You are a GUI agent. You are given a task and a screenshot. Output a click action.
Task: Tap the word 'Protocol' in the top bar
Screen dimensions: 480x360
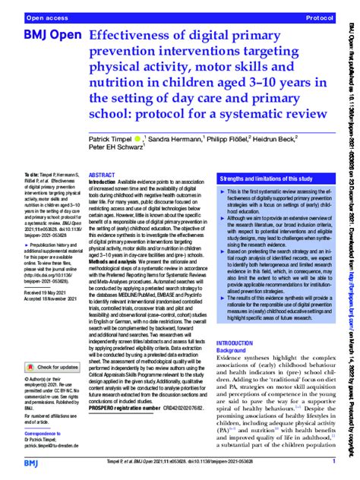(318, 17)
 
